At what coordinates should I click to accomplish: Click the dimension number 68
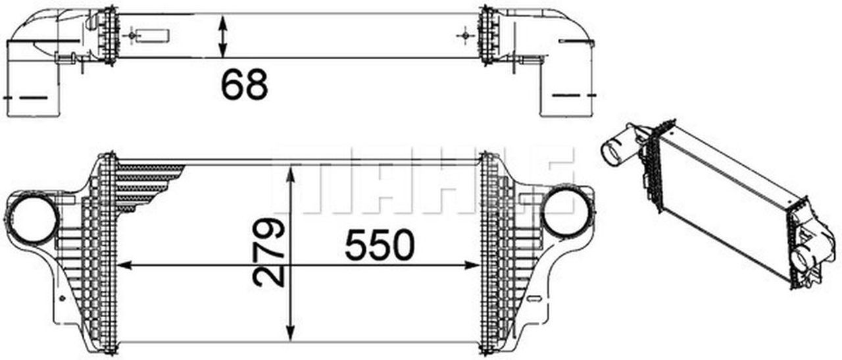click(244, 84)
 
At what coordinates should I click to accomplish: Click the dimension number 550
click(380, 244)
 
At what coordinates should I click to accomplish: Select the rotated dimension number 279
click(270, 253)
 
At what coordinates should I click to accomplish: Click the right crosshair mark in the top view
click(466, 34)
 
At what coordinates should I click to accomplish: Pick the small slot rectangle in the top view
click(155, 35)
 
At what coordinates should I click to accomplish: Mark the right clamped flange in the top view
click(488, 35)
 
